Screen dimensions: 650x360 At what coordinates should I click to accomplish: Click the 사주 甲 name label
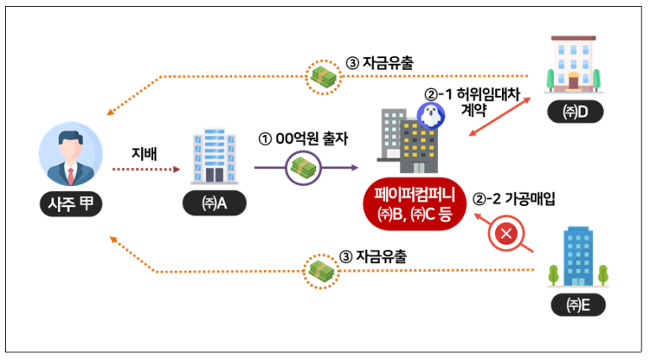click(71, 204)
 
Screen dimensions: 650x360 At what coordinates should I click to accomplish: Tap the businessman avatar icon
click(71, 154)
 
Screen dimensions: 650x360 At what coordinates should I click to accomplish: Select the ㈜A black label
click(214, 204)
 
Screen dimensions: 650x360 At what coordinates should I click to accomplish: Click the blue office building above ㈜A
click(214, 156)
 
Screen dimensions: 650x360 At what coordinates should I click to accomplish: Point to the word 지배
click(145, 153)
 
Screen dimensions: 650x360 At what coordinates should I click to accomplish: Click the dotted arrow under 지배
click(146, 169)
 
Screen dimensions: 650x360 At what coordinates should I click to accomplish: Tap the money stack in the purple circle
click(304, 168)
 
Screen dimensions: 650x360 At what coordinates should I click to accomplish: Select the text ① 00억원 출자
click(303, 139)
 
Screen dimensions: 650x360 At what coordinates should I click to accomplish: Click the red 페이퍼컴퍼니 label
click(415, 204)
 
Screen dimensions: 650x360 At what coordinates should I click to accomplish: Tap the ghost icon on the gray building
click(431, 115)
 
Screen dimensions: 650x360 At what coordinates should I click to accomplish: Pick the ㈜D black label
click(575, 112)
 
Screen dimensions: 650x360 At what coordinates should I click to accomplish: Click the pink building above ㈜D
click(573, 64)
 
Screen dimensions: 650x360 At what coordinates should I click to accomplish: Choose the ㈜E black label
click(579, 305)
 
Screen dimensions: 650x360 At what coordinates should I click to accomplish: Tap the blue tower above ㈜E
click(578, 257)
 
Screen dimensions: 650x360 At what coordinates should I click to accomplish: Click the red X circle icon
click(506, 234)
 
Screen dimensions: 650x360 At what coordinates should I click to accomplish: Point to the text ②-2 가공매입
click(514, 199)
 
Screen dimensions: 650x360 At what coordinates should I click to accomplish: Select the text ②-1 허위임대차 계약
click(473, 102)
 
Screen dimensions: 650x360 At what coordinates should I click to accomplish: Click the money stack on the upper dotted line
click(324, 77)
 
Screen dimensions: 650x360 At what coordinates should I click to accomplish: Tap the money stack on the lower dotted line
click(321, 271)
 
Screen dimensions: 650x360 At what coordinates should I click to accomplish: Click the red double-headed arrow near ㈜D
click(500, 117)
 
